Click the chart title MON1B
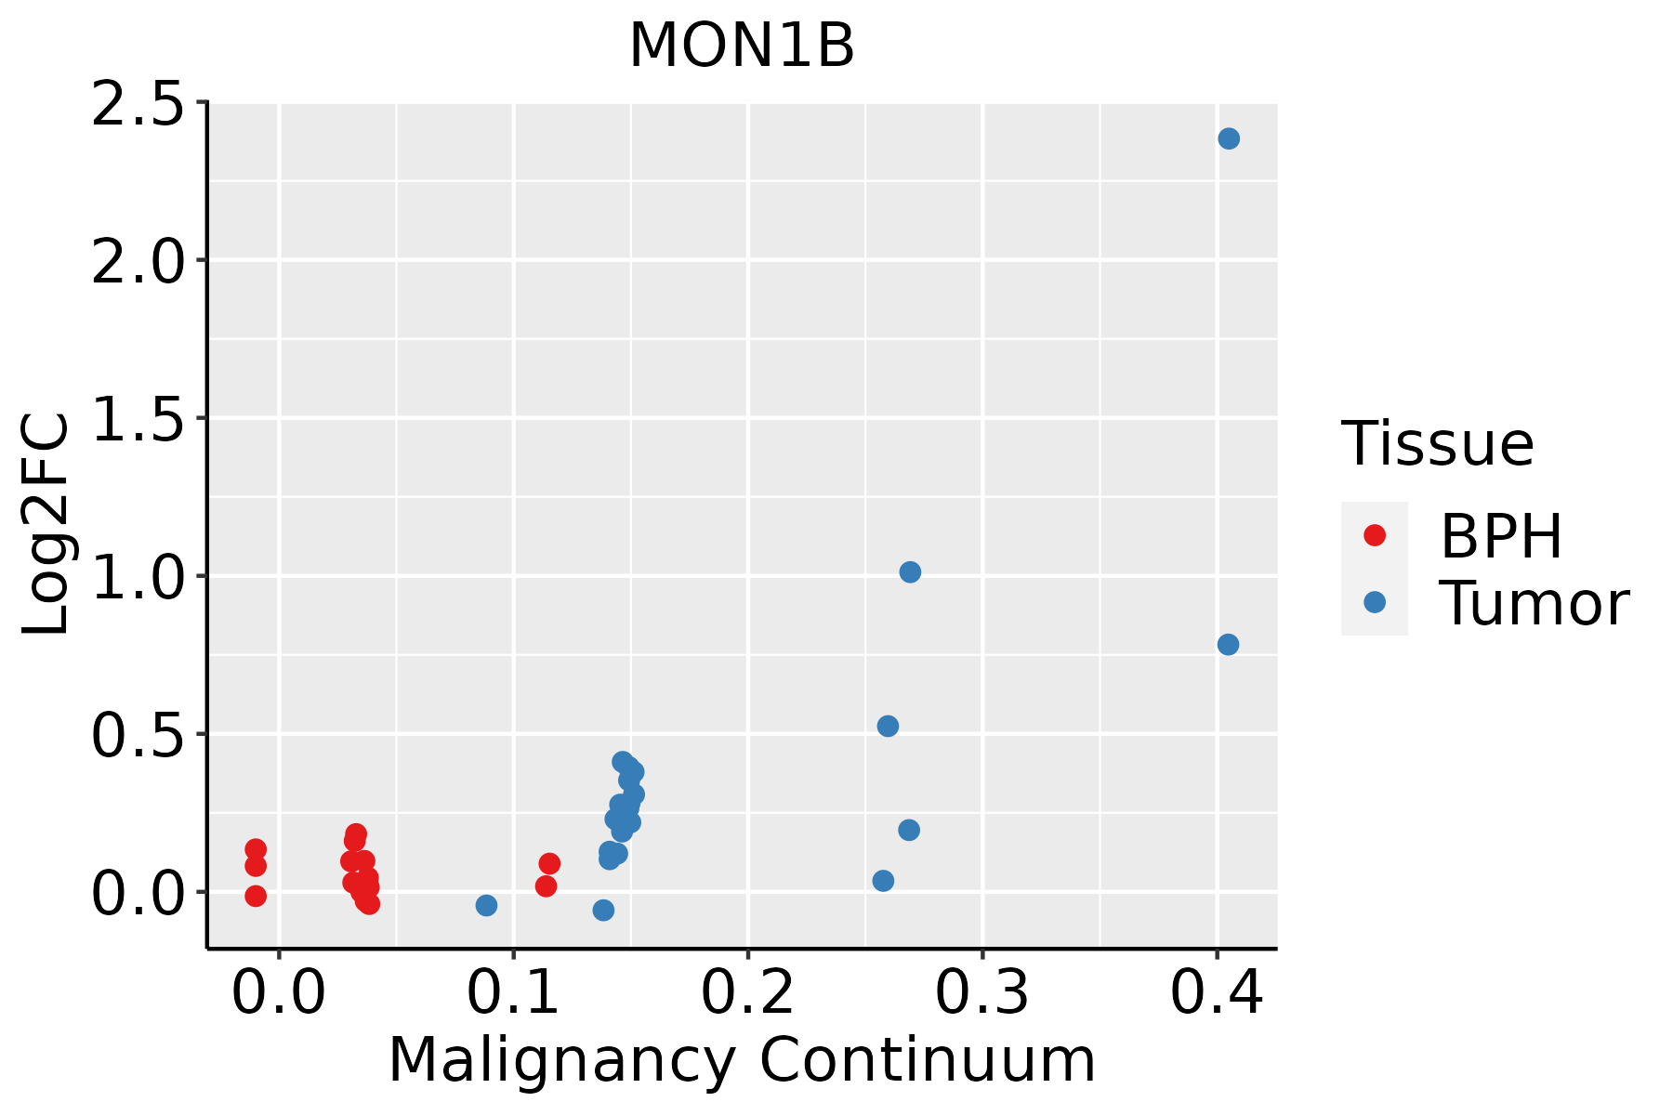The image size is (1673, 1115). (741, 46)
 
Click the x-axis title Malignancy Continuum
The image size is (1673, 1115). (741, 1061)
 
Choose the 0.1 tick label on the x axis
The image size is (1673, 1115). (513, 992)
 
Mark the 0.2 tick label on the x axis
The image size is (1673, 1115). (747, 992)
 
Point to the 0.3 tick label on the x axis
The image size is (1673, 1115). (981, 992)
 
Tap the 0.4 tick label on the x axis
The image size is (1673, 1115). (1216, 992)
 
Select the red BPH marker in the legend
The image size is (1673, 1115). (1374, 535)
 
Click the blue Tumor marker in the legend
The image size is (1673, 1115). (1374, 602)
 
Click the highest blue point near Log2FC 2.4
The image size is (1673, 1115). (1229, 138)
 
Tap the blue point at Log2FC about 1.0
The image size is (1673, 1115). (910, 571)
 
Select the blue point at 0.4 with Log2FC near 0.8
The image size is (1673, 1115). (1228, 644)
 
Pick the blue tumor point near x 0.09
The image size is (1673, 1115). (486, 905)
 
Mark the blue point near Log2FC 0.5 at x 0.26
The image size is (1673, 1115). (888, 726)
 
